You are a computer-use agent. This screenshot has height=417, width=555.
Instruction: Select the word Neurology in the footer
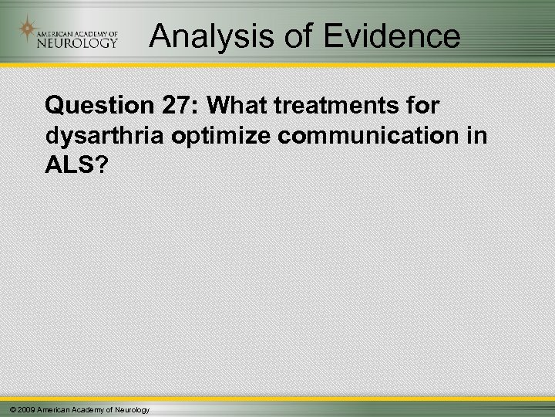[133, 409]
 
